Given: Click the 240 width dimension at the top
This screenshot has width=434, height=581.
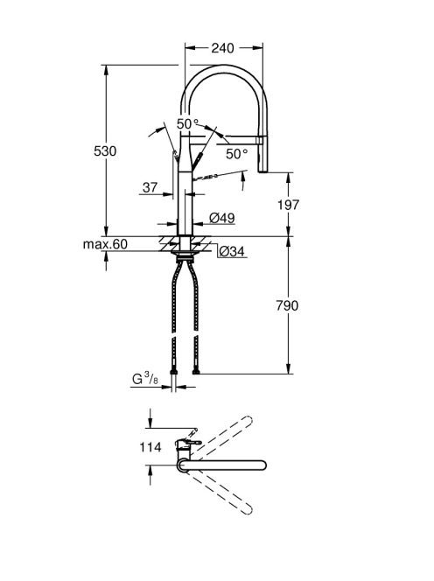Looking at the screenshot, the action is pos(222,48).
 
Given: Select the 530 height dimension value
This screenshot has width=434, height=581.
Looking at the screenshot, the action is pos(105,151).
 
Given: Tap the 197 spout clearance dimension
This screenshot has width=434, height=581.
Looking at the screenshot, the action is pos(288,205).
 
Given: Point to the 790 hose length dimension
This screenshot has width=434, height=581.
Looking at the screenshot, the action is pos(287,305).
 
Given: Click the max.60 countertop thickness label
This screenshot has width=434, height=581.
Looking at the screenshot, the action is pos(105,244).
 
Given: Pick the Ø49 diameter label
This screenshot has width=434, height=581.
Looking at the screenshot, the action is pos(222,218).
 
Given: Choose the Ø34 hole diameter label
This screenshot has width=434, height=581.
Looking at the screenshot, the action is pos(232,252).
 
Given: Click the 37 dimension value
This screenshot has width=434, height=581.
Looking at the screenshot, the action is pos(150,187).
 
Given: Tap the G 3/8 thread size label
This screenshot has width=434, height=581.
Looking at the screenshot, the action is pos(145,379).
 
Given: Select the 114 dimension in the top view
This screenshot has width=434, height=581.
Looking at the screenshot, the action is pos(150,447).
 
